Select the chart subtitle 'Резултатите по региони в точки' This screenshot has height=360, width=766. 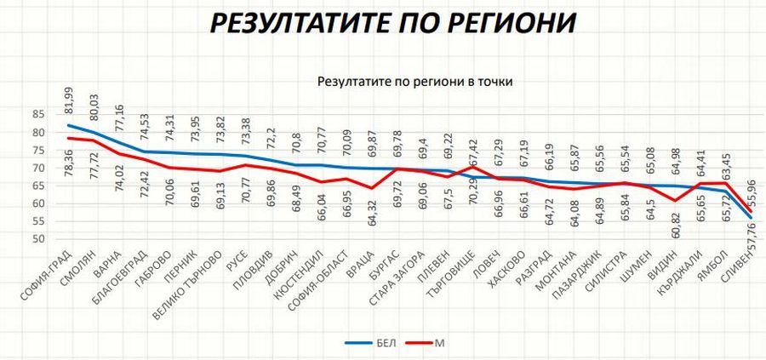[419, 82]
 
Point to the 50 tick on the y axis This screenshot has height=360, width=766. [39, 239]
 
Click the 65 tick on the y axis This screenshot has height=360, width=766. [39, 186]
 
